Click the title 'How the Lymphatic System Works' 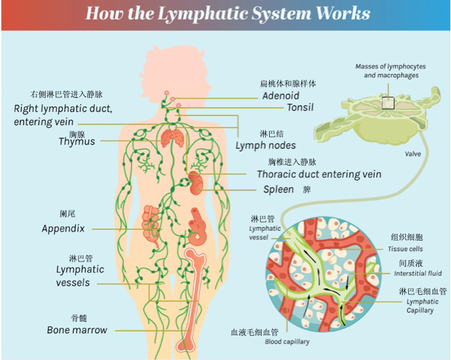pos(228,13)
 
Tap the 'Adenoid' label pos(281,96)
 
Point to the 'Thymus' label pos(77,141)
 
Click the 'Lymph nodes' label pos(265,145)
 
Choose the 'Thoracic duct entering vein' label pos(319,174)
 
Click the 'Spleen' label pos(278,190)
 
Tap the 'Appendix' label pos(63,229)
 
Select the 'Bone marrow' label pos(77,330)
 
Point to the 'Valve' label pos(413,154)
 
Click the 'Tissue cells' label pos(405,249)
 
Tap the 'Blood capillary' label pos(287,342)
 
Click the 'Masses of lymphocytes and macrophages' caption pos(391,71)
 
